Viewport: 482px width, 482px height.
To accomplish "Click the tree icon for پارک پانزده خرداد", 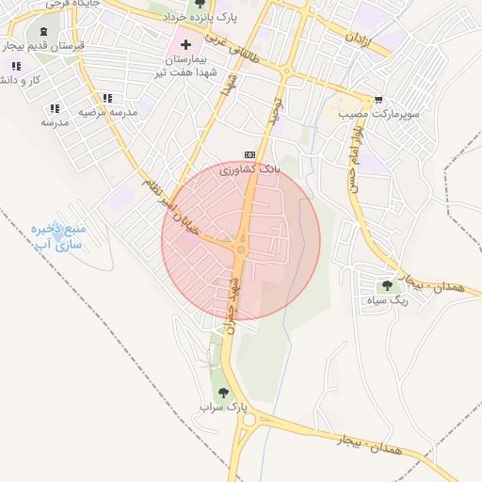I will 199,7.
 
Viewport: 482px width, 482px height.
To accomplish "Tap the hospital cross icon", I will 185,43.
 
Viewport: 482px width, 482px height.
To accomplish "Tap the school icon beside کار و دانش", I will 15,65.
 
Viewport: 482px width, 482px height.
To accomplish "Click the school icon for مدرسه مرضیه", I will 107,98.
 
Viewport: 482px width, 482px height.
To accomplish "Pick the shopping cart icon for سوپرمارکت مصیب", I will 378,100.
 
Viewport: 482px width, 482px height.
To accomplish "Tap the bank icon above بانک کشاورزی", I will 249,155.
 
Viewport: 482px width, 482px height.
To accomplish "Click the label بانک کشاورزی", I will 249,169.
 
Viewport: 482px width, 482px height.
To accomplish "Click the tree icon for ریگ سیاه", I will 386,286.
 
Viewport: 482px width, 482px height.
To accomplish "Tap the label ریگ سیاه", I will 386,301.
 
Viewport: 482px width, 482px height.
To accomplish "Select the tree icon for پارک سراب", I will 223,393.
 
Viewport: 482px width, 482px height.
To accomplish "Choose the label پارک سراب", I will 223,408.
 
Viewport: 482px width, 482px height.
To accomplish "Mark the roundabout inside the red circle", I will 241,249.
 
